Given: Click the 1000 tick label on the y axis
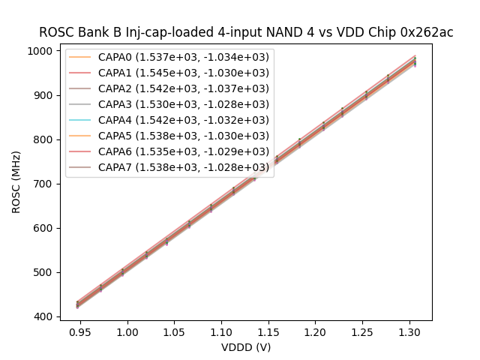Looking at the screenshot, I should coord(40,51).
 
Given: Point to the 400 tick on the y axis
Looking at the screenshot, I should coord(43,316).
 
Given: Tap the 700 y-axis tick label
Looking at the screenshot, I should coord(43,184).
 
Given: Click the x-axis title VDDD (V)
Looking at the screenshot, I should coord(246,347).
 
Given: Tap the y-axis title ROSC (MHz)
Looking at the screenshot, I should coord(16,181).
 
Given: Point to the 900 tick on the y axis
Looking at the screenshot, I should coord(43,95).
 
